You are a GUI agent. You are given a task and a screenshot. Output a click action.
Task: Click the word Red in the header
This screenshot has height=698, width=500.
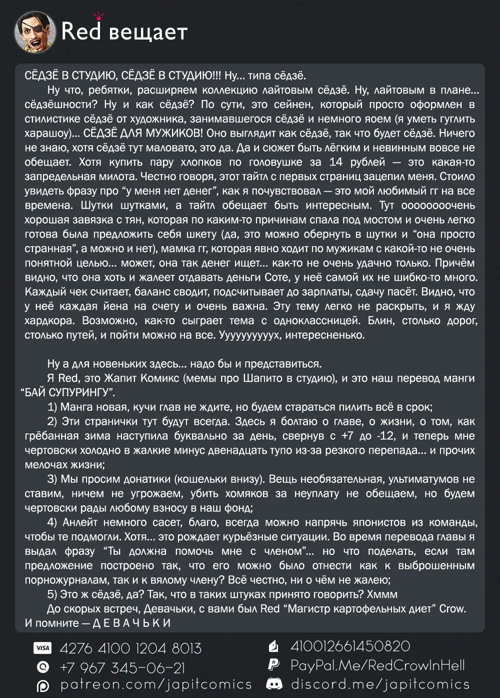(x=81, y=31)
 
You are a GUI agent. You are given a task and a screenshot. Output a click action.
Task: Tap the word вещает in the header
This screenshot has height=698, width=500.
(x=148, y=33)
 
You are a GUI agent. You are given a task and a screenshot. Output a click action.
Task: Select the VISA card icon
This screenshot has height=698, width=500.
(x=42, y=648)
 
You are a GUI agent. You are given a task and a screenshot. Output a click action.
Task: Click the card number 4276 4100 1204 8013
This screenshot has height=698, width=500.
(x=130, y=648)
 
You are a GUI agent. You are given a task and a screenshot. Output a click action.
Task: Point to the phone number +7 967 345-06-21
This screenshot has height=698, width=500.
(x=122, y=667)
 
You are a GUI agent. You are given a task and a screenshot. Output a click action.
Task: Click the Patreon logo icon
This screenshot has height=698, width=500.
(x=43, y=685)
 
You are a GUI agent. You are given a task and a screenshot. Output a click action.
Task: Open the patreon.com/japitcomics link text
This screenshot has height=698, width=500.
(x=156, y=684)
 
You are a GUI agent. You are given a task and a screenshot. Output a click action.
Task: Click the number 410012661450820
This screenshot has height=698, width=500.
(x=350, y=646)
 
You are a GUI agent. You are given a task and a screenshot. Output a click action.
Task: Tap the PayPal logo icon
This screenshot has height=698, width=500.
(x=273, y=665)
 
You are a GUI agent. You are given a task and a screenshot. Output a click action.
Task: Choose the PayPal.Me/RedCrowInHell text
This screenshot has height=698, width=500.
(x=377, y=665)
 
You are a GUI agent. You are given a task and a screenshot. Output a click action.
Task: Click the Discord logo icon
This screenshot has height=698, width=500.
(x=274, y=683)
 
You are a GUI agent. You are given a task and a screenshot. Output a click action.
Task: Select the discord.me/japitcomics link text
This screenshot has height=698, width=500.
(x=380, y=684)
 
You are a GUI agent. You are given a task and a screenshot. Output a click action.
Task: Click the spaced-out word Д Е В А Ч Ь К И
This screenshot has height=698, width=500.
(x=132, y=623)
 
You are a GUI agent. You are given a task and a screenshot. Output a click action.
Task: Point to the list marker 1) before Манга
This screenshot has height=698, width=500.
(x=52, y=407)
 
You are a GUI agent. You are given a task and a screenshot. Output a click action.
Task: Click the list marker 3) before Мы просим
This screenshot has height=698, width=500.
(x=52, y=479)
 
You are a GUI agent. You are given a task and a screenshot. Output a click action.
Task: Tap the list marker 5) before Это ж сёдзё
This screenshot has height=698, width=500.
(x=52, y=594)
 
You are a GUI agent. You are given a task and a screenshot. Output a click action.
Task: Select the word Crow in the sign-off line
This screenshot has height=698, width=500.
(x=452, y=609)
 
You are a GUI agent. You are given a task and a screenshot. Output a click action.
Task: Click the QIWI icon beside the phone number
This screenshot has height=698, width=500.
(x=43, y=667)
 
